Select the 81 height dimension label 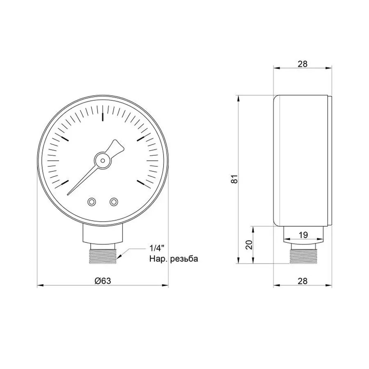(235, 179)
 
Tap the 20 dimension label (248, 245)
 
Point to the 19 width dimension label (303, 235)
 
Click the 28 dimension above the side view (303, 64)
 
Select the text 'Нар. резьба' (173, 259)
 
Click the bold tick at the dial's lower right (142, 182)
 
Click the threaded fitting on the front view (102, 253)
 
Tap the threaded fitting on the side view (303, 255)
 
